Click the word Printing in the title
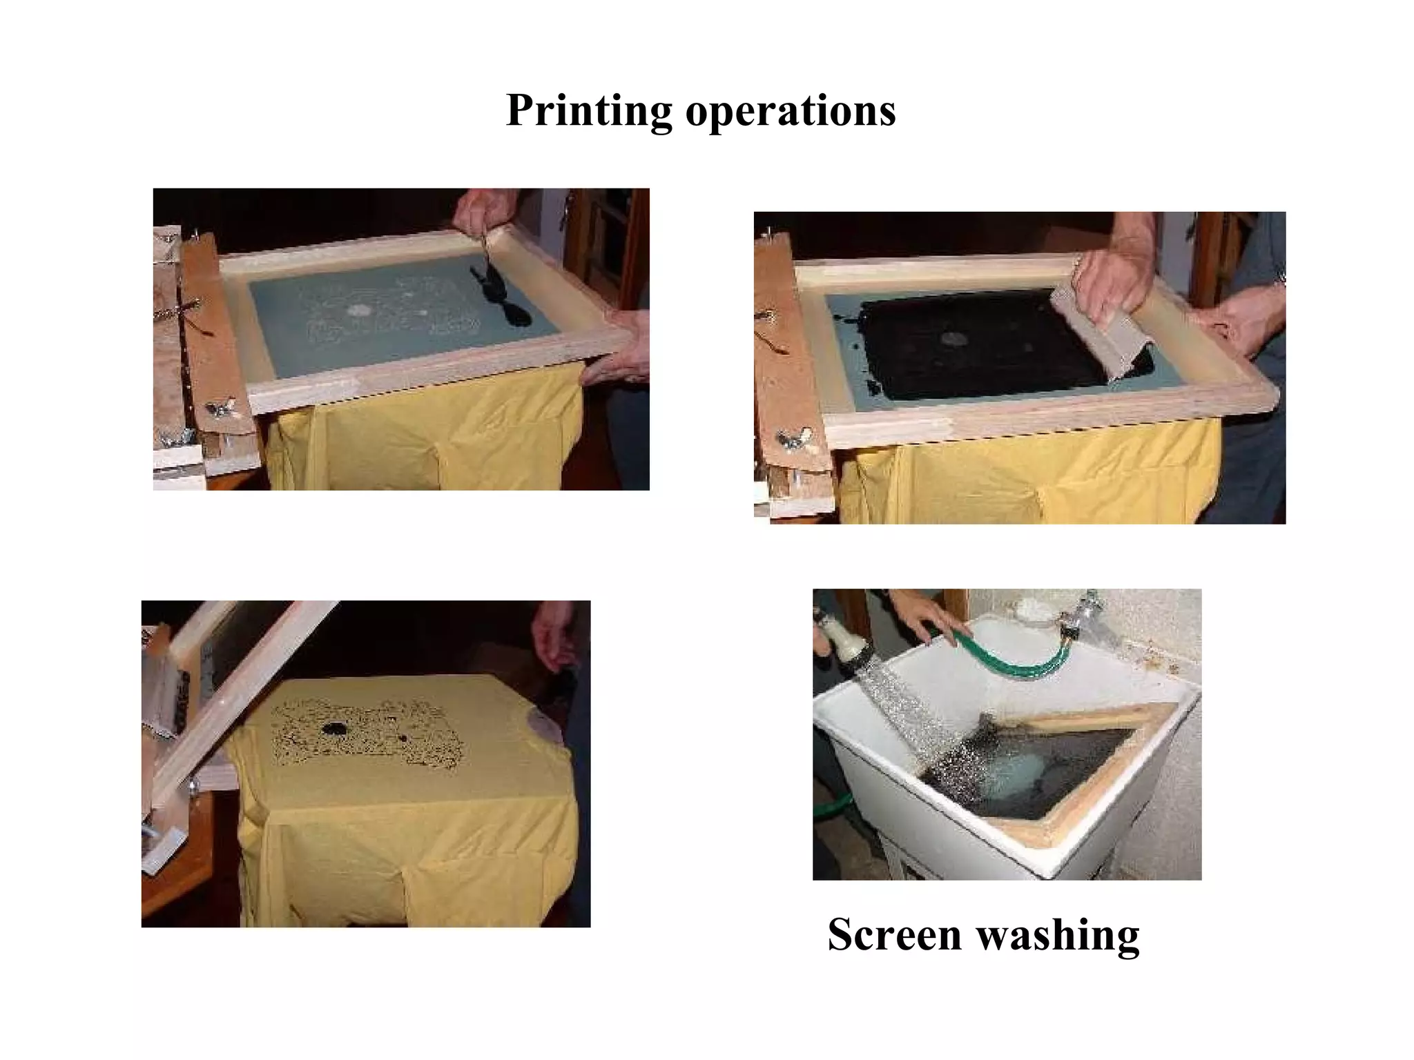coord(588,110)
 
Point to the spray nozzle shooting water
coord(840,638)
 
